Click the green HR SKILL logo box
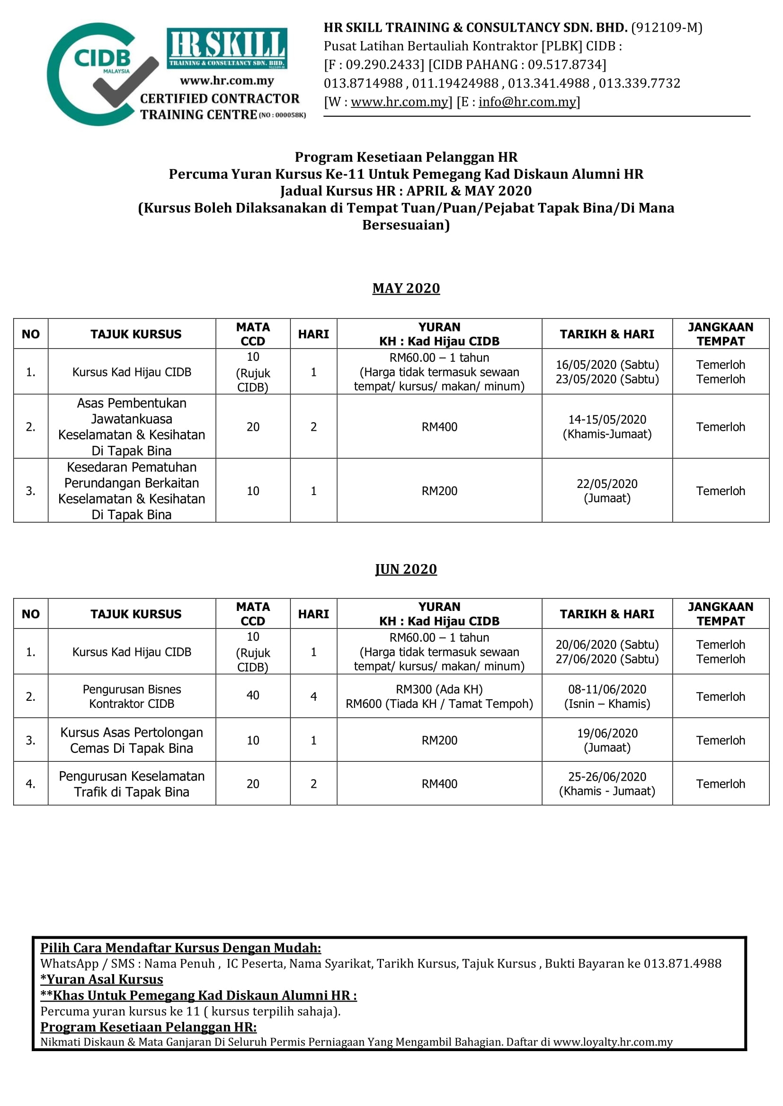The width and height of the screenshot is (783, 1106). [227, 48]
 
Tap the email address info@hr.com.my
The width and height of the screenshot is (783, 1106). [527, 102]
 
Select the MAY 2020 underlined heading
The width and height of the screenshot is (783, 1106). [406, 288]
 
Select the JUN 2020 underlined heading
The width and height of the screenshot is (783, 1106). [406, 569]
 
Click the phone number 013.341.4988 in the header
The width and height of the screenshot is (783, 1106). [549, 83]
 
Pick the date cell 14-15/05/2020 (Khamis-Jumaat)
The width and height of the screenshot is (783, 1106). [607, 427]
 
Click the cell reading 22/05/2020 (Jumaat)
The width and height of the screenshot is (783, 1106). [607, 490]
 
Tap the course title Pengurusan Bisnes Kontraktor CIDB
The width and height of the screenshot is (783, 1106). [132, 696]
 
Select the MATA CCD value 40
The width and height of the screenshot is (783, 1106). [253, 695]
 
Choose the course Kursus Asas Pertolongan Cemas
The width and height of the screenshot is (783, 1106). [132, 740]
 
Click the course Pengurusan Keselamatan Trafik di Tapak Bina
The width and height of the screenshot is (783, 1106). [132, 784]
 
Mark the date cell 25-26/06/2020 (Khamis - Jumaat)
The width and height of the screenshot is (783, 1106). [607, 784]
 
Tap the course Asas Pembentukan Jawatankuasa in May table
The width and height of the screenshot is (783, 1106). [132, 427]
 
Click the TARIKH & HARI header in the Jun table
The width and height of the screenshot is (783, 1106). [607, 614]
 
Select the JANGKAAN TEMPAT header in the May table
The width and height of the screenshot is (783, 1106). [721, 334]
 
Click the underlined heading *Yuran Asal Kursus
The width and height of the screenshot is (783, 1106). [102, 979]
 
